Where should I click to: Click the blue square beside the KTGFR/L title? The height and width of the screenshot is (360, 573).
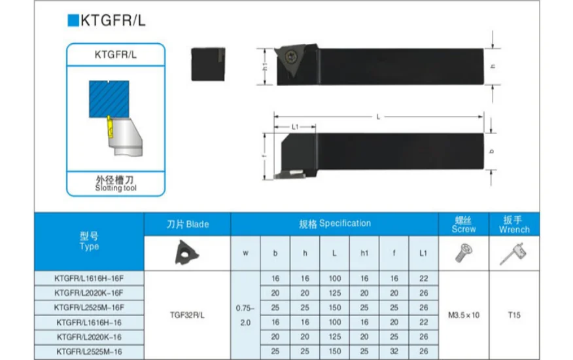point(73,20)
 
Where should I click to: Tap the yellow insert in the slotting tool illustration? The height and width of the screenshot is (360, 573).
point(110,127)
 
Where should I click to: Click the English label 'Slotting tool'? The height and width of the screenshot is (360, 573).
point(116,188)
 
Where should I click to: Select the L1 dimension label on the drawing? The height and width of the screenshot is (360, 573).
point(295,127)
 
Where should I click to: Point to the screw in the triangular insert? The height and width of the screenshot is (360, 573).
point(291,56)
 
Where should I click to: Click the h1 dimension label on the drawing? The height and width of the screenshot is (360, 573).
point(266,67)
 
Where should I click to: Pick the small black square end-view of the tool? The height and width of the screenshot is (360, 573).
point(208,64)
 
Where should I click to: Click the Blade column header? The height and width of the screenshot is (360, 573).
point(188,225)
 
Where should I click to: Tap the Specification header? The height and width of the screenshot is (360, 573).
point(335,224)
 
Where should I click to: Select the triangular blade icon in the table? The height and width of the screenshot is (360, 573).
point(186,253)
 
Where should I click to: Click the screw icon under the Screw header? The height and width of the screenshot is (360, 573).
point(463,253)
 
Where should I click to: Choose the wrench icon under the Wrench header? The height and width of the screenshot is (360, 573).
point(513,254)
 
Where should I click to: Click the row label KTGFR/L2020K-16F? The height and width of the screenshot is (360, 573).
point(89,293)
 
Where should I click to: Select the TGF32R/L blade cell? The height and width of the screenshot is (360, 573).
point(187,315)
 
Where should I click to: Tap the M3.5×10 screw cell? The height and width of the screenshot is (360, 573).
point(464,315)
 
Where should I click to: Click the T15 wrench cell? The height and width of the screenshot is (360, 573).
point(514,315)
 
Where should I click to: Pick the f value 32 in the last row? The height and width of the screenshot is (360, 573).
point(394,351)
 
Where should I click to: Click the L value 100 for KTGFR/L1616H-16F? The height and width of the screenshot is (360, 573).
point(335,278)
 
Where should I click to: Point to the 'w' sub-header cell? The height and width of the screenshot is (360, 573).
point(245,253)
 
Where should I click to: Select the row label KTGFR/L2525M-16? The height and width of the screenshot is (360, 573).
point(89,352)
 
